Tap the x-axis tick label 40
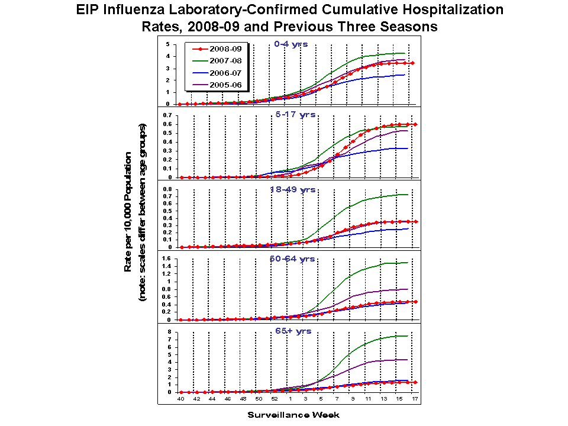coord(181,400)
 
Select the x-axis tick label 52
coord(274,400)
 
